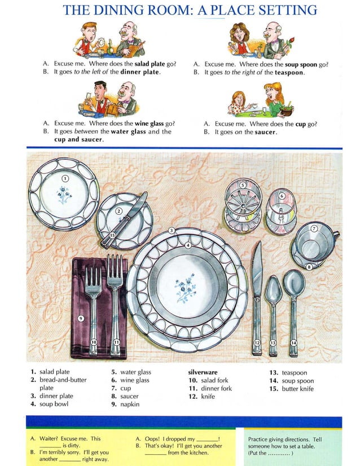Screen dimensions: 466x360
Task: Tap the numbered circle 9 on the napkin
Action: tap(81, 318)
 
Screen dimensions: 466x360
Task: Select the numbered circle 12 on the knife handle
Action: tap(257, 342)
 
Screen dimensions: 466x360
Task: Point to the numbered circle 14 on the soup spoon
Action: tap(293, 342)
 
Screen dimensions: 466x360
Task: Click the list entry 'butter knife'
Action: tap(298, 389)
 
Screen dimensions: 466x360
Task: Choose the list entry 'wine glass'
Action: tap(134, 381)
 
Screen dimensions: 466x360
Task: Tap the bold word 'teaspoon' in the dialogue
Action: tap(289, 73)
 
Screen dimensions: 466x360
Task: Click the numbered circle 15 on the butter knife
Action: tap(112, 235)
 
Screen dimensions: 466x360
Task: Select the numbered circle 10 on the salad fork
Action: tap(94, 342)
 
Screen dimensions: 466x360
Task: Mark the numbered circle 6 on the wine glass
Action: tap(282, 195)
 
